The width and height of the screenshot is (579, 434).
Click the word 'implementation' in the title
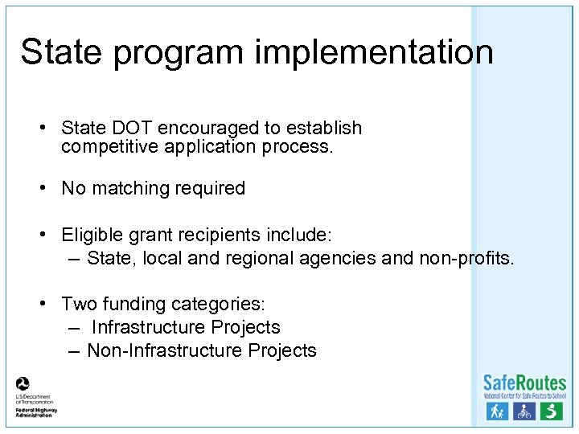(x=374, y=52)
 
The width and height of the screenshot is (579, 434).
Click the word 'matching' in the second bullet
(x=128, y=189)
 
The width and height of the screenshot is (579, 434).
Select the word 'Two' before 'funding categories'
(x=78, y=305)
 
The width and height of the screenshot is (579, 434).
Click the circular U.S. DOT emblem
(x=23, y=383)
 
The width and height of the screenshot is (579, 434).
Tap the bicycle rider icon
(x=524, y=411)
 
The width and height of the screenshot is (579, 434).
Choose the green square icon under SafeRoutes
(x=551, y=411)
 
